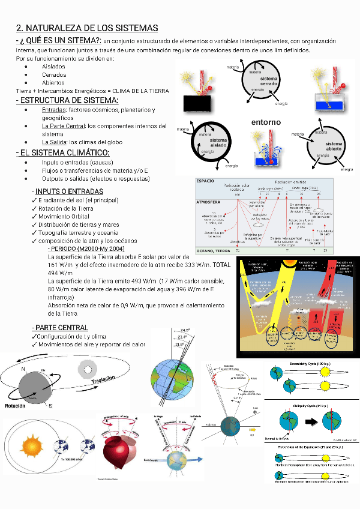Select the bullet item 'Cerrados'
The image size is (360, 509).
pos(54,74)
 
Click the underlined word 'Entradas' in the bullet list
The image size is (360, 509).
pos(54,110)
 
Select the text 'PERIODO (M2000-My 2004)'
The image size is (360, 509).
pos(88,248)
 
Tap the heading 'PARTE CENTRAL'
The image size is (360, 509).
pos(62,328)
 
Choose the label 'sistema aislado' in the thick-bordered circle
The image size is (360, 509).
pos(218,143)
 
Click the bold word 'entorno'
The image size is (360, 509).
pos(266,122)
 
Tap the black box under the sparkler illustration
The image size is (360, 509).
pos(197,103)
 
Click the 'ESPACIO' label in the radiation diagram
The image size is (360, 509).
pos(206,180)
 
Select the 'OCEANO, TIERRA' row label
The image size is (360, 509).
pos(214,250)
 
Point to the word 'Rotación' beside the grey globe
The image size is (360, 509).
pos(15,406)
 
